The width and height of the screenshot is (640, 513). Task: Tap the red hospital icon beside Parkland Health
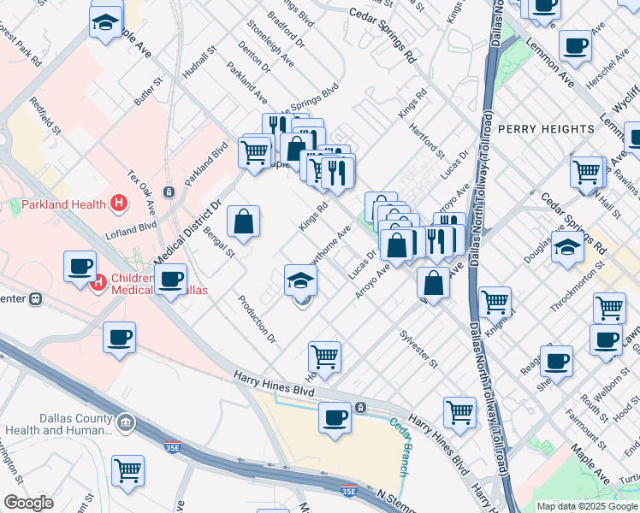119,203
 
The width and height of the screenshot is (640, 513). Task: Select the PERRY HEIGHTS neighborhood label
545,129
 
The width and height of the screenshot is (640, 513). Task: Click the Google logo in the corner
28,503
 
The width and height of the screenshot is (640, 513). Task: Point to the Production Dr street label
257,319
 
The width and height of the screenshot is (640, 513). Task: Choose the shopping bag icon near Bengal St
244,222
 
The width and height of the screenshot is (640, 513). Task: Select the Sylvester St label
418,351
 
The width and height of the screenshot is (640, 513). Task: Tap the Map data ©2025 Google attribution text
586,506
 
